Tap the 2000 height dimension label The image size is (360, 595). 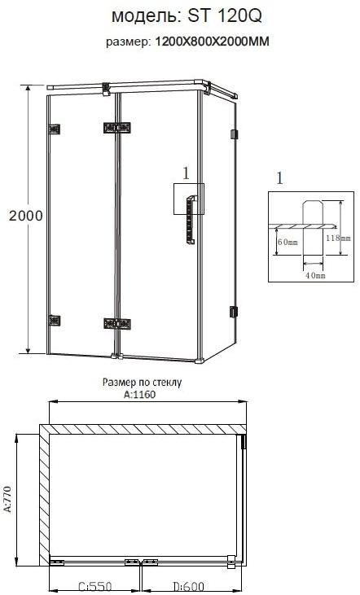point(25,217)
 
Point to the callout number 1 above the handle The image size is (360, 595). point(186,173)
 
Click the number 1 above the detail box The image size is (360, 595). point(281,177)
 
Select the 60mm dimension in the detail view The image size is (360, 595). point(287,242)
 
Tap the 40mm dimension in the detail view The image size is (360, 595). point(314,276)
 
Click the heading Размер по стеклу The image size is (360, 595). point(142,381)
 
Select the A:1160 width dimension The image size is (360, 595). point(139,395)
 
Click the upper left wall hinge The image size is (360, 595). point(55,128)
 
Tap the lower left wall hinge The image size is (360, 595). point(55,321)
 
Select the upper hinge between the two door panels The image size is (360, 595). point(117,128)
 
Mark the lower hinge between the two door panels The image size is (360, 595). point(117,324)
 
